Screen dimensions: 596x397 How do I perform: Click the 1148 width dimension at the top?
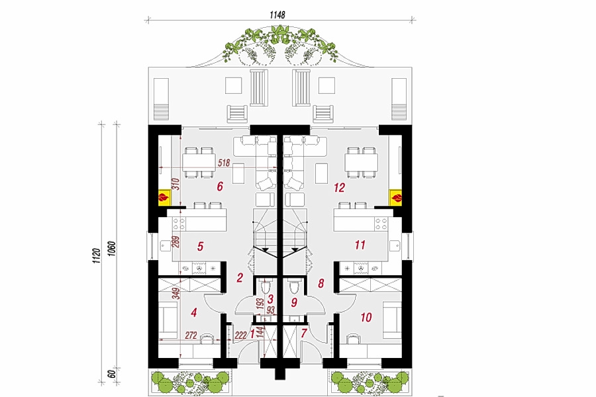tap(277, 15)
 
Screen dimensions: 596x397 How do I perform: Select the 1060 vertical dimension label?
tap(111, 249)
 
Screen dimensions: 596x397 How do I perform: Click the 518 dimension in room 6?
tap(224, 163)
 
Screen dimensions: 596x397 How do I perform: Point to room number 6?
tap(220, 187)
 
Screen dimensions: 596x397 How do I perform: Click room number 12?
tap(339, 187)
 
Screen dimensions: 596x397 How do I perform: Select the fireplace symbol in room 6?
tap(164, 198)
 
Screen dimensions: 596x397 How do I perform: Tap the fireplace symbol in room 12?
tap(396, 198)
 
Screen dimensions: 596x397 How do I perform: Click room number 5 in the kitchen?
tap(200, 246)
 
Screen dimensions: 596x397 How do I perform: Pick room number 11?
tap(360, 245)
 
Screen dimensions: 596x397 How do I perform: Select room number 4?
tap(194, 313)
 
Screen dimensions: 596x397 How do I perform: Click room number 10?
tap(366, 317)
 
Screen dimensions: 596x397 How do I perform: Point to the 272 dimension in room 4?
tap(191, 335)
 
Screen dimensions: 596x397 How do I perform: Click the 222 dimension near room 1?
tap(240, 335)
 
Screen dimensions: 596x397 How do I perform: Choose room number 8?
tap(321, 283)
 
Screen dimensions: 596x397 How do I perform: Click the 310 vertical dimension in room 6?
tap(175, 185)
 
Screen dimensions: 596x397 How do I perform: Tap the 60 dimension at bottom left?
tap(111, 374)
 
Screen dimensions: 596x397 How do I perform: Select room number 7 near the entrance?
tap(304, 333)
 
